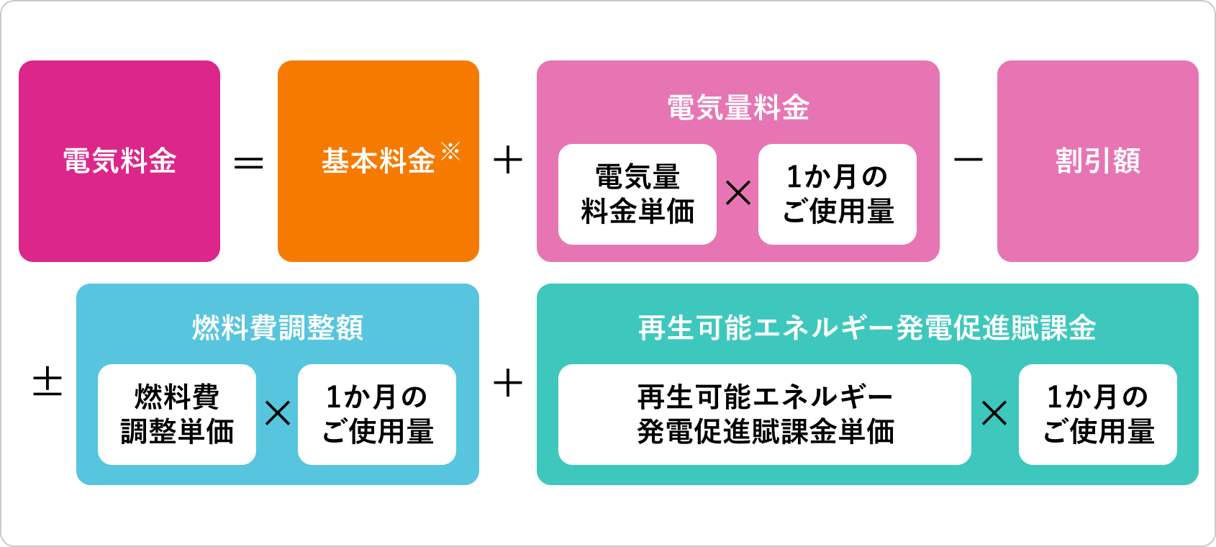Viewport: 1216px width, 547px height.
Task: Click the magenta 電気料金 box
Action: coord(119,161)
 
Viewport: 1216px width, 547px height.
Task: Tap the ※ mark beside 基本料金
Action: coord(450,151)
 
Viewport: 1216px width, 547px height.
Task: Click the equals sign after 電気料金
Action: coord(249,163)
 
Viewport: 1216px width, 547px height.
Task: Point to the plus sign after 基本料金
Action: coord(508,161)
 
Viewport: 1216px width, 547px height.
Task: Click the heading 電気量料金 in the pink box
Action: coord(738,108)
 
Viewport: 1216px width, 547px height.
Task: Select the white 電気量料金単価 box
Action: coord(638,194)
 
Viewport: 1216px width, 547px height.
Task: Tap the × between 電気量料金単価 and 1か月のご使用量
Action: coord(738,193)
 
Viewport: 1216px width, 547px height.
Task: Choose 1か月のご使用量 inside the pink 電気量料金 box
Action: coord(838,194)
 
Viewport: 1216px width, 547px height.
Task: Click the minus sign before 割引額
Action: coord(968,160)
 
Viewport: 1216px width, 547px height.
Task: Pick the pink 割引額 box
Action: coord(1098,161)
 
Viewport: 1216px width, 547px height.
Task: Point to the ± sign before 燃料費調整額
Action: coord(47,382)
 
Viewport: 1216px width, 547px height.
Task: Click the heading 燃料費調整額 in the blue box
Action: coord(278,328)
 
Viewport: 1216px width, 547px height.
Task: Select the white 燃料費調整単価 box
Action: coord(177,415)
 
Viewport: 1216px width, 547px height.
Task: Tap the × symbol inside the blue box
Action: coord(278,413)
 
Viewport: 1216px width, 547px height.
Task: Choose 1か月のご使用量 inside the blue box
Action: coord(377,415)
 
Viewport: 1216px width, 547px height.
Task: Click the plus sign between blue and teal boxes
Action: coord(508,382)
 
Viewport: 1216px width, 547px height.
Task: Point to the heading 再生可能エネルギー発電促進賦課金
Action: coord(867,328)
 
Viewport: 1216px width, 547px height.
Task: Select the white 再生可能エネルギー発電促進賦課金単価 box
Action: coord(765,415)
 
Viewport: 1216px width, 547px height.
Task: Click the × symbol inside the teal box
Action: coord(994,413)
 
